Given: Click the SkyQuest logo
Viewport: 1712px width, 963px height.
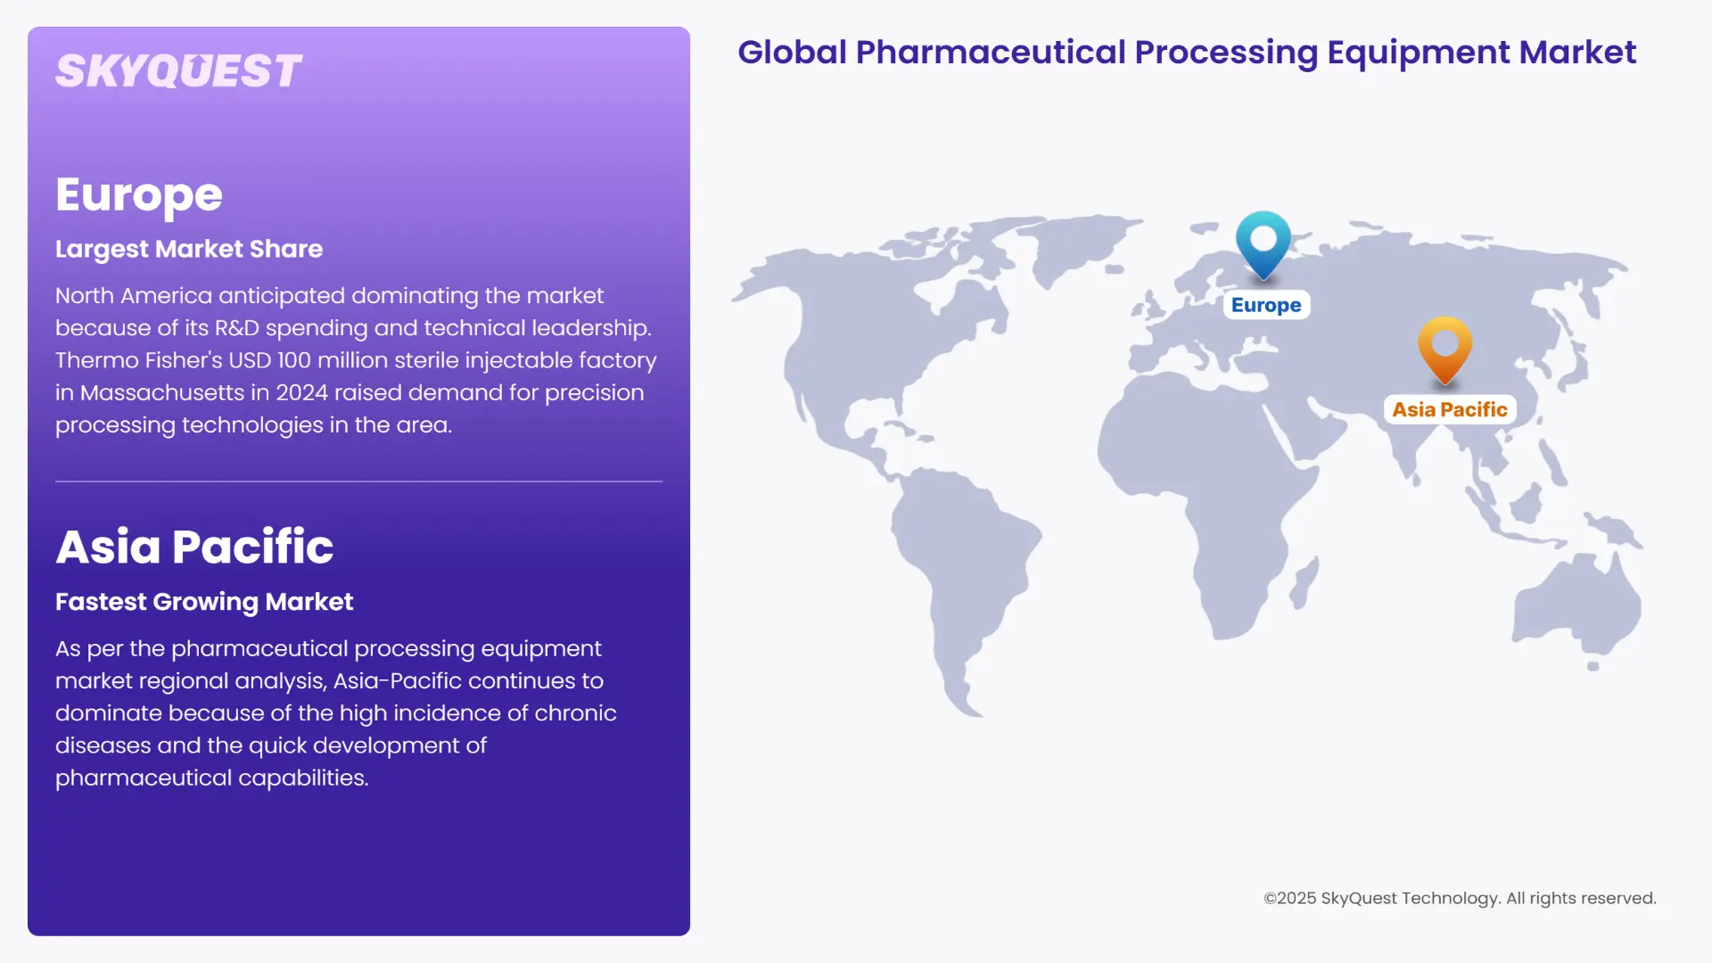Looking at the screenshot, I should (178, 71).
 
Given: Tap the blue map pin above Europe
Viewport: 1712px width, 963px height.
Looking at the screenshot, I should (1263, 243).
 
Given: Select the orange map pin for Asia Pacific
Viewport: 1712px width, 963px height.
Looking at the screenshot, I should (1444, 348).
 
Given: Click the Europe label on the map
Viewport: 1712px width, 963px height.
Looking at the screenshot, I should (1266, 305).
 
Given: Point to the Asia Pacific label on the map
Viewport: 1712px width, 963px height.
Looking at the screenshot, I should (1449, 409).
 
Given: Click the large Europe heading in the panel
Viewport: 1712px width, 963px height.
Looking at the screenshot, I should (139, 194).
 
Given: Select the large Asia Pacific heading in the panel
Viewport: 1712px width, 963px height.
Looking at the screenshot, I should (194, 546).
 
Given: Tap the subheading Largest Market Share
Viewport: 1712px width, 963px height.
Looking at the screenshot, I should (189, 249).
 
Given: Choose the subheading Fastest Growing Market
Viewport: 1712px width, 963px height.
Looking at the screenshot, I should (204, 602).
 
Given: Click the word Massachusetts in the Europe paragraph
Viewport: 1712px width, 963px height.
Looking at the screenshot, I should (162, 392).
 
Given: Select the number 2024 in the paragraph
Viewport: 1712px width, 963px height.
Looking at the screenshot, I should (301, 392).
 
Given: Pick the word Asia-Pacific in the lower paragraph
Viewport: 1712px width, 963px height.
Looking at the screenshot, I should (397, 681).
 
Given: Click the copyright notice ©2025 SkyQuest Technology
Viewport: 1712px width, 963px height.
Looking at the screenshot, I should (1460, 898).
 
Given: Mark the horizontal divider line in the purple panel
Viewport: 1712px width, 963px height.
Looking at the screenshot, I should (358, 481).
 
